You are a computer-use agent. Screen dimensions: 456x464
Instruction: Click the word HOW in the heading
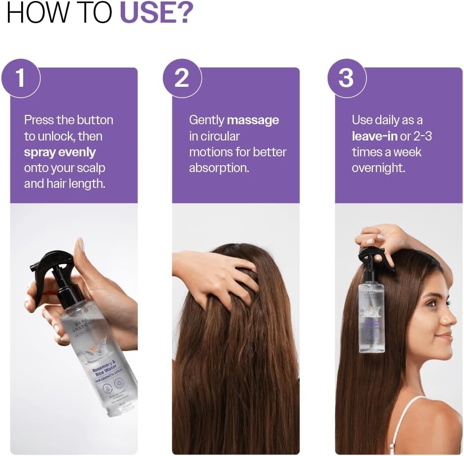35,14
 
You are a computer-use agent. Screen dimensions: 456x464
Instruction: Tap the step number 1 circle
21,78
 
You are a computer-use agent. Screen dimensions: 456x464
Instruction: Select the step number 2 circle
182,78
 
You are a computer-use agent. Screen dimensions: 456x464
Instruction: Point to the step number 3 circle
346,78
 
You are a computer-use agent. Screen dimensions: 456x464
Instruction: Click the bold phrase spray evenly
60,152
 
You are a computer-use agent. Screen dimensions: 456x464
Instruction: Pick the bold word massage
253,120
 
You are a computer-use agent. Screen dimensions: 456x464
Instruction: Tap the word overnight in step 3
378,168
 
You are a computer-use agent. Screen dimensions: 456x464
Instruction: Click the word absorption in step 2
219,168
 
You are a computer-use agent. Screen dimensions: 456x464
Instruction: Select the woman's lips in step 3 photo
446,336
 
